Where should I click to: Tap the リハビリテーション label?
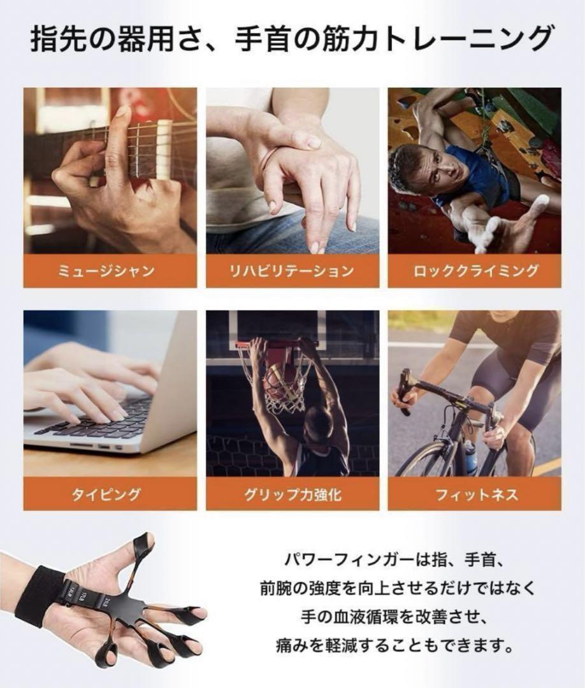(x=292, y=271)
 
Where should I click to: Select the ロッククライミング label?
(x=474, y=271)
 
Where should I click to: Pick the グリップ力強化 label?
(x=292, y=494)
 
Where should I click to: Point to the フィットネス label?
(x=474, y=494)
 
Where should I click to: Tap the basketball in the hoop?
(x=278, y=382)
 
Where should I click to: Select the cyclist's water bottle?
(x=470, y=456)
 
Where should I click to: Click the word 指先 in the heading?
(x=54, y=39)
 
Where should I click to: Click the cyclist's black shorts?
(x=503, y=382)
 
